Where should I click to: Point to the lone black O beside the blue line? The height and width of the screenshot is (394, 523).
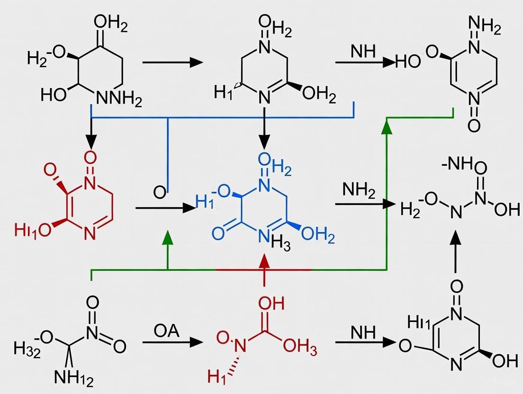[x=159, y=193]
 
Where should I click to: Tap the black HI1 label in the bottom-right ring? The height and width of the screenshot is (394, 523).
[x=419, y=323]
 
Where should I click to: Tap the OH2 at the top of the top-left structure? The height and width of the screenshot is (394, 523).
[x=110, y=22]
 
